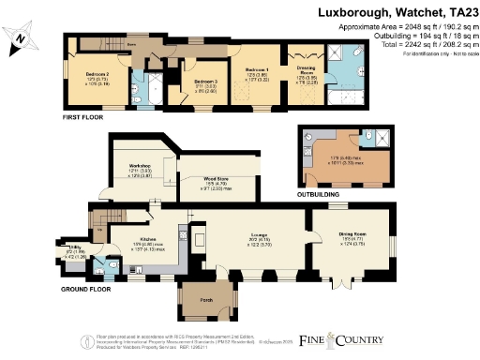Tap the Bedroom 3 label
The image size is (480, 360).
[x=204, y=82]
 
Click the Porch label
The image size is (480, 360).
[x=205, y=302]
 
